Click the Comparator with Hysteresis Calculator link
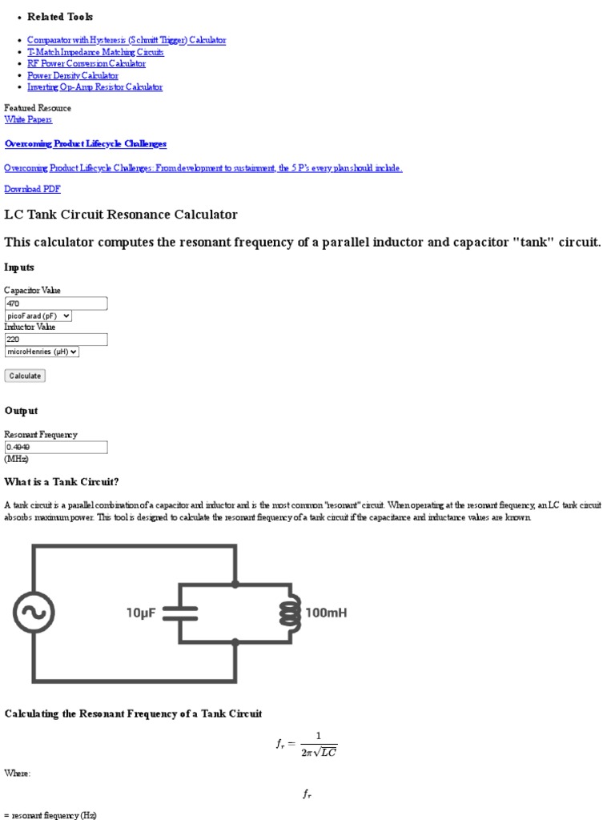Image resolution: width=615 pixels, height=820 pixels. (x=127, y=40)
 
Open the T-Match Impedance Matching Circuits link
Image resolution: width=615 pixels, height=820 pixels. (x=95, y=52)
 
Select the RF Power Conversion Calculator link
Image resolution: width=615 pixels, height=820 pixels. (x=86, y=63)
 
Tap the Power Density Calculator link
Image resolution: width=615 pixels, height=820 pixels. (x=73, y=75)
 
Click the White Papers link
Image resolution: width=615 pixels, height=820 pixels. (x=28, y=119)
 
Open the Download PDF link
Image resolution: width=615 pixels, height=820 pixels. (x=32, y=189)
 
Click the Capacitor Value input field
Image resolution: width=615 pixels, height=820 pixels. (x=56, y=303)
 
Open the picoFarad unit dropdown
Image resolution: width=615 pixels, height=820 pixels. (x=38, y=316)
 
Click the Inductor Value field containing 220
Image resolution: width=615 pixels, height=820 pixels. (x=56, y=340)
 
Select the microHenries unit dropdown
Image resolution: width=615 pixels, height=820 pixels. (x=42, y=351)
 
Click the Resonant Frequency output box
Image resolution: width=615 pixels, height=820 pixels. (x=56, y=447)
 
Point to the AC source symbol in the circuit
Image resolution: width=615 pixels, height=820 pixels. (x=34, y=613)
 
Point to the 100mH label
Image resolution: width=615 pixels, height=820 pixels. (x=326, y=613)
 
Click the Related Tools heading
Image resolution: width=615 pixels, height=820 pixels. (x=60, y=17)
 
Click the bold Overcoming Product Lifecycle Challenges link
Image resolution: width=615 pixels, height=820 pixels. (x=86, y=143)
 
